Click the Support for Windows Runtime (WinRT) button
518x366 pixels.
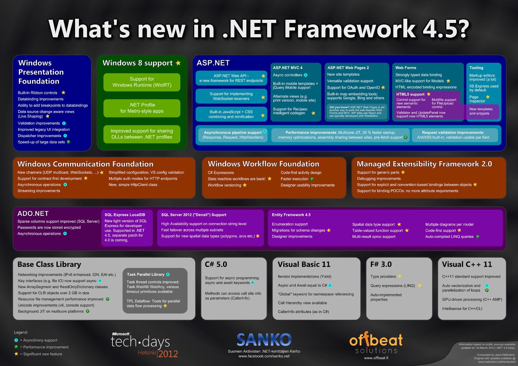pyautogui.click(x=142, y=82)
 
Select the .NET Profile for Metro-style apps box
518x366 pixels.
pyautogui.click(x=142, y=108)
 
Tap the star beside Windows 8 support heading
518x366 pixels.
pyautogui.click(x=178, y=63)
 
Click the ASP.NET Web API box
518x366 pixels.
pyautogui.click(x=231, y=78)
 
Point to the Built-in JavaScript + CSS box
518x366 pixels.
pyautogui.click(x=231, y=114)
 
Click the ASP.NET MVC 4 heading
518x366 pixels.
pyautogui.click(x=287, y=68)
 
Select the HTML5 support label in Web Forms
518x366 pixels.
pyautogui.click(x=410, y=94)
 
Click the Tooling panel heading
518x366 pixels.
pyautogui.click(x=476, y=68)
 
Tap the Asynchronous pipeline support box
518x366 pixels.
pyautogui.click(x=233, y=135)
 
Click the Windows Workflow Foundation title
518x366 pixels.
pyautogui.click(x=264, y=164)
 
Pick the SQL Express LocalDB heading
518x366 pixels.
pyautogui.click(x=125, y=215)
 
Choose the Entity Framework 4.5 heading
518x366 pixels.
pyautogui.click(x=291, y=215)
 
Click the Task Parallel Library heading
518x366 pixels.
pyautogui.click(x=146, y=274)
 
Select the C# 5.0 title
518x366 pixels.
pyautogui.click(x=216, y=264)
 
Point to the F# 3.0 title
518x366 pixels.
pyautogui.click(x=381, y=264)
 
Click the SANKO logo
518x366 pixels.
pyautogui.click(x=264, y=340)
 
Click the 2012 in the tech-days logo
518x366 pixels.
pyautogui.click(x=168, y=354)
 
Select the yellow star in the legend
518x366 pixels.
pyautogui.click(x=16, y=354)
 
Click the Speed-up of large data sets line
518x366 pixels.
pyautogui.click(x=41, y=142)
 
